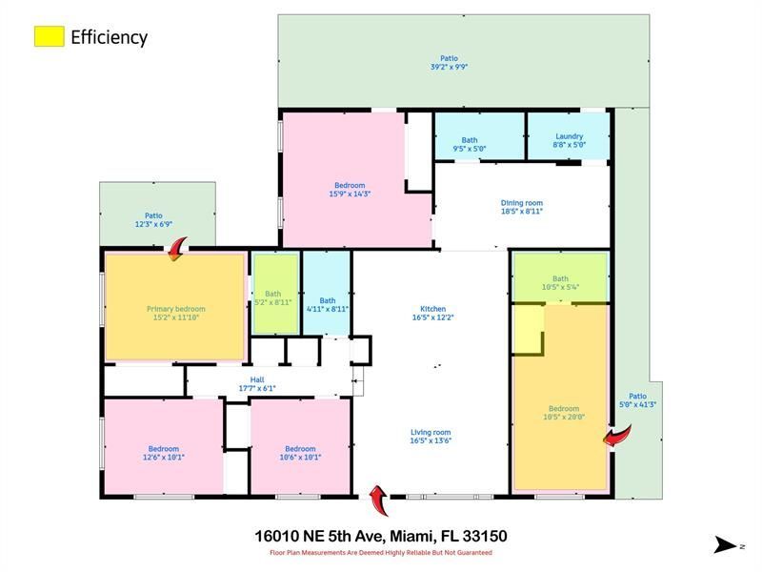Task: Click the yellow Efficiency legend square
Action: [49, 36]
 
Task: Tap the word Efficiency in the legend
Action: [109, 37]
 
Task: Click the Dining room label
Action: [521, 202]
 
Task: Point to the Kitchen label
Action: [433, 309]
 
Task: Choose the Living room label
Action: [431, 433]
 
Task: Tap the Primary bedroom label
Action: [176, 309]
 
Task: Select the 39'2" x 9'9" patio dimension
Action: [448, 67]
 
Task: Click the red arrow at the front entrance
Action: [378, 496]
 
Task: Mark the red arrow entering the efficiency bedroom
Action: [617, 437]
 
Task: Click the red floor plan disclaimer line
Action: [380, 552]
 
